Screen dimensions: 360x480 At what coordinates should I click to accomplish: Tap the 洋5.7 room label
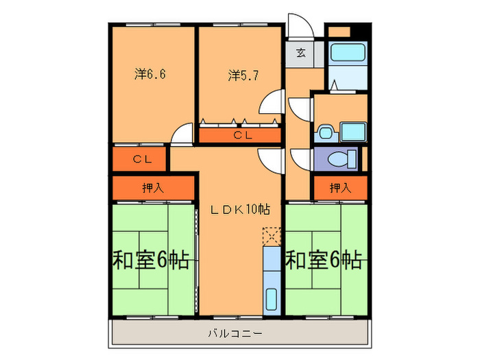(x=243, y=75)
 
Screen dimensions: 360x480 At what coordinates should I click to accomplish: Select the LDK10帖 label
(x=239, y=210)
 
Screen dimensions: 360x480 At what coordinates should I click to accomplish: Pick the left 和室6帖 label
(x=151, y=261)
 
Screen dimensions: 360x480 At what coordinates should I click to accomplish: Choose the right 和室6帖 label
(x=324, y=261)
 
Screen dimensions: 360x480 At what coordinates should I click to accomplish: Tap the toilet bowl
(x=339, y=159)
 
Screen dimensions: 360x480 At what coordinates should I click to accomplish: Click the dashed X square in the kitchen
(x=272, y=237)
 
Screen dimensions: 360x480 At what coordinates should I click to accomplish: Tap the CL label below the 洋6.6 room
(x=142, y=159)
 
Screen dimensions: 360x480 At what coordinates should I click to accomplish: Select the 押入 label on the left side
(x=152, y=188)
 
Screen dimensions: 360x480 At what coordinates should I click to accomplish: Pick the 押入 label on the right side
(x=339, y=187)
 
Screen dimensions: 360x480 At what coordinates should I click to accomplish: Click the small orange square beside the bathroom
(x=339, y=32)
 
